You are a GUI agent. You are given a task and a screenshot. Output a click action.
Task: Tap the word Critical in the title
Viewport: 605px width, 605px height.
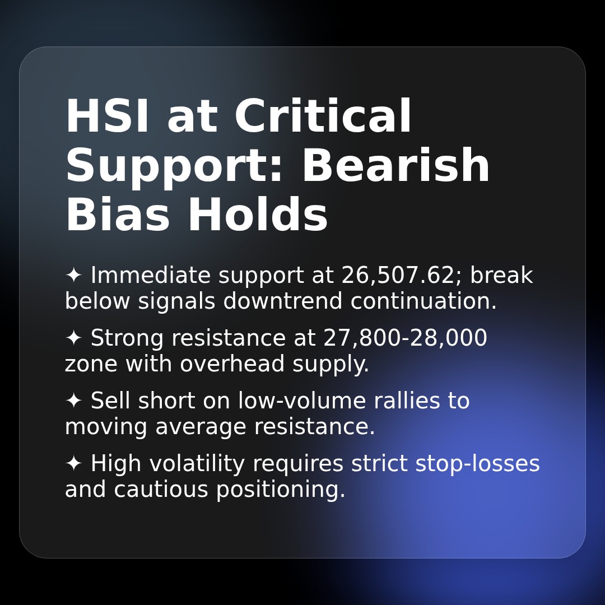tap(323, 117)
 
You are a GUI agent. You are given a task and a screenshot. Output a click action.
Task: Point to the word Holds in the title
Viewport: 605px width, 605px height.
tap(257, 216)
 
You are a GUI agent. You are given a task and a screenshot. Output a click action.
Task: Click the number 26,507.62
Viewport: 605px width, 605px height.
tap(398, 276)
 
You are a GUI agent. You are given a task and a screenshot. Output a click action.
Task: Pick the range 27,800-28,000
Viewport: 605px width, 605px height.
tap(405, 338)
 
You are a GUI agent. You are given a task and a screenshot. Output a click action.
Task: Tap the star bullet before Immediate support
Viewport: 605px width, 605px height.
tap(73, 276)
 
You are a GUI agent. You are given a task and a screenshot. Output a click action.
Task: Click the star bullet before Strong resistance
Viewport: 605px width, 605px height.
tap(73, 338)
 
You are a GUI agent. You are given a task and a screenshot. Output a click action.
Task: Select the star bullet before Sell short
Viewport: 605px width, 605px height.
tap(73, 401)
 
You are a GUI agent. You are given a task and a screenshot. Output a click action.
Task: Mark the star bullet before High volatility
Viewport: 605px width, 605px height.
tap(73, 464)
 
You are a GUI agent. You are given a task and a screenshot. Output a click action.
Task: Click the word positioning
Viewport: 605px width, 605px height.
tap(281, 490)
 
